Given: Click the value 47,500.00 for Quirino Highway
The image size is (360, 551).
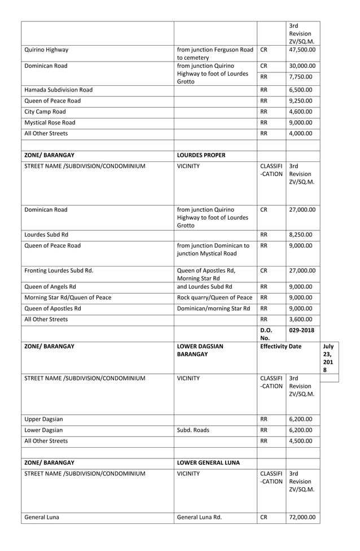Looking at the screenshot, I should pyautogui.click(x=302, y=50).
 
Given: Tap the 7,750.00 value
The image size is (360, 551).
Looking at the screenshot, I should pyautogui.click(x=302, y=77).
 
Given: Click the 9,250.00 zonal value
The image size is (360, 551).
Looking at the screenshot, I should pyautogui.click(x=302, y=100).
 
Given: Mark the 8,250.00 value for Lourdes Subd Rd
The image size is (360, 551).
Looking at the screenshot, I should pyautogui.click(x=302, y=234).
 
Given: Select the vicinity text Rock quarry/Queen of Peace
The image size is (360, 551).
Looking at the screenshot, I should pyautogui.click(x=214, y=298).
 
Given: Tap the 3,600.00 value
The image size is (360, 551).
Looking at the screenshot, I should pyautogui.click(x=302, y=320).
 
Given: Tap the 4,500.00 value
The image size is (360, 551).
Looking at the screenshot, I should pyautogui.click(x=302, y=441).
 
